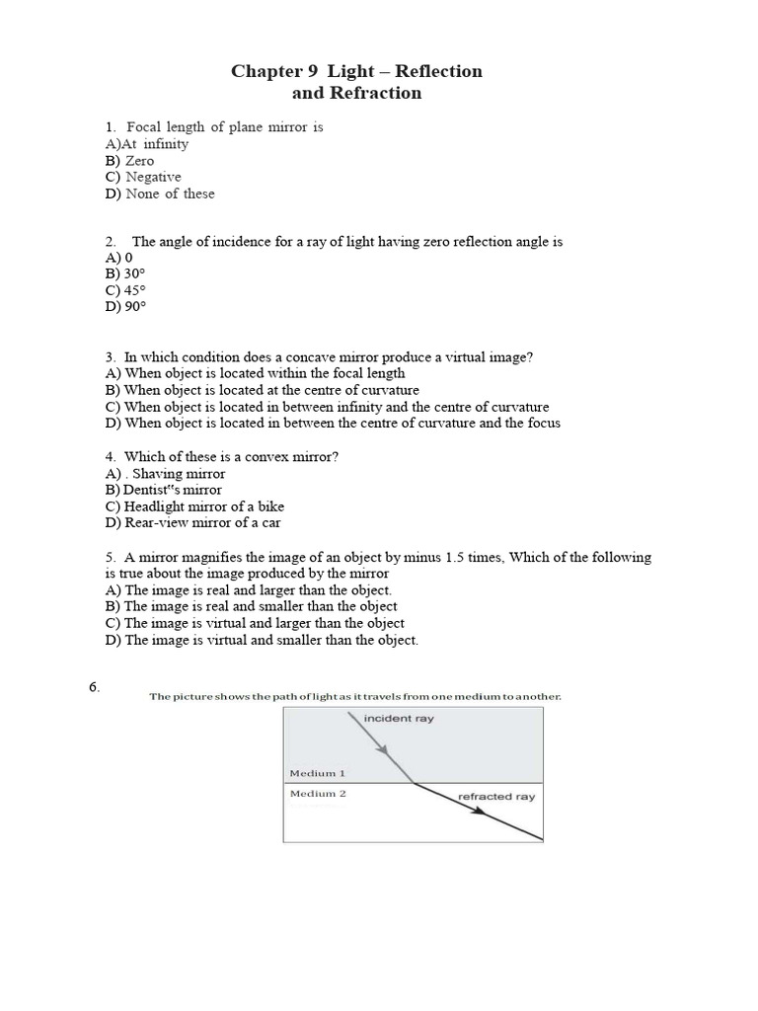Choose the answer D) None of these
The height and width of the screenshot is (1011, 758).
pyautogui.click(x=159, y=194)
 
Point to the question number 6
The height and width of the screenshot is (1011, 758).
pyautogui.click(x=94, y=688)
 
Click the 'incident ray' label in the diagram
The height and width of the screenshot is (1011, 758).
pyautogui.click(x=399, y=719)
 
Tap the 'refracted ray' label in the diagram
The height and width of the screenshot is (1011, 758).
pyautogui.click(x=495, y=796)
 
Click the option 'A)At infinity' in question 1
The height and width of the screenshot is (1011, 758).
pyautogui.click(x=146, y=143)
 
